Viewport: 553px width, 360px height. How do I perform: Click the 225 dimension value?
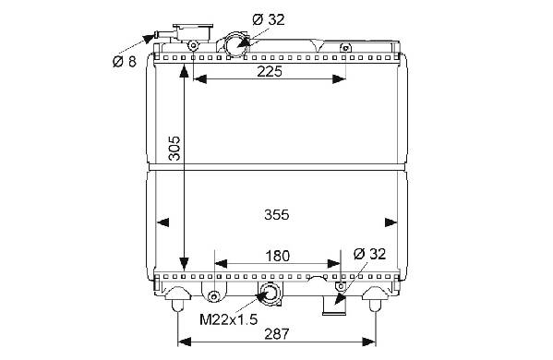pyautogui.click(x=270, y=71)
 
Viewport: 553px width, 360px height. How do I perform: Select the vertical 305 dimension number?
pyautogui.click(x=174, y=148)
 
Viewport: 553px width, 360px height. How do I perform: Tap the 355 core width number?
pyautogui.click(x=277, y=214)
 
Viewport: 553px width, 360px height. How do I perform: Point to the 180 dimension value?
pyautogui.click(x=278, y=256)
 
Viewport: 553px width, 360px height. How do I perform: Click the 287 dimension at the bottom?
pyautogui.click(x=277, y=333)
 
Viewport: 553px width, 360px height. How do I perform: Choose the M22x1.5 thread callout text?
pyautogui.click(x=229, y=319)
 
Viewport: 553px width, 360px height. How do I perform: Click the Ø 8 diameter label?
pyautogui.click(x=124, y=62)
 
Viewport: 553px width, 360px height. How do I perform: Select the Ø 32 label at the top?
pyautogui.click(x=269, y=19)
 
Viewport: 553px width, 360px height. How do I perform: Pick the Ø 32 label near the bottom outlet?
pyautogui.click(x=369, y=254)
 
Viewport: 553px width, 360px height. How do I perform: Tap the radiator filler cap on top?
pyautogui.click(x=193, y=31)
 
